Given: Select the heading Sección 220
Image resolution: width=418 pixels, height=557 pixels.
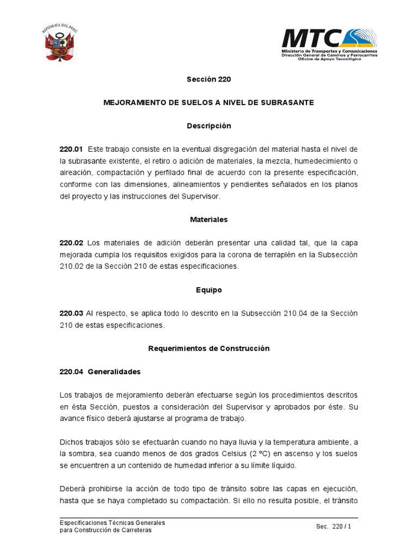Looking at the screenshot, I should tap(209, 79).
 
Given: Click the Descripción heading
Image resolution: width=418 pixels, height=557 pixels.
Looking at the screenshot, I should tap(209, 126).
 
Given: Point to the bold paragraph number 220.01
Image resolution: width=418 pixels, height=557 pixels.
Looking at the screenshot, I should tap(71, 149).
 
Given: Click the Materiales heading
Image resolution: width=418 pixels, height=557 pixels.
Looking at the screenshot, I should tap(209, 220).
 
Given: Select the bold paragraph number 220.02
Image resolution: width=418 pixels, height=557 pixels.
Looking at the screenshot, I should tap(71, 243).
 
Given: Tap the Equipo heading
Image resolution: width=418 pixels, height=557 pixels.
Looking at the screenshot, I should tap(209, 290).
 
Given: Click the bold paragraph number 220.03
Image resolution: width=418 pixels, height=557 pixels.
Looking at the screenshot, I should tap(71, 313).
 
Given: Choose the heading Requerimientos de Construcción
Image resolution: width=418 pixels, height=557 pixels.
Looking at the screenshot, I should tap(209, 348).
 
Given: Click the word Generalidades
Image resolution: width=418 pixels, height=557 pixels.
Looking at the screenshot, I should tap(114, 372).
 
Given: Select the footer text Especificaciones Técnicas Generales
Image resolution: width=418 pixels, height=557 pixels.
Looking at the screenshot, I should tap(112, 523).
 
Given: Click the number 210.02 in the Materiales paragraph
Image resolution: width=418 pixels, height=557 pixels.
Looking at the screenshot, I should tap(71, 267).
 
